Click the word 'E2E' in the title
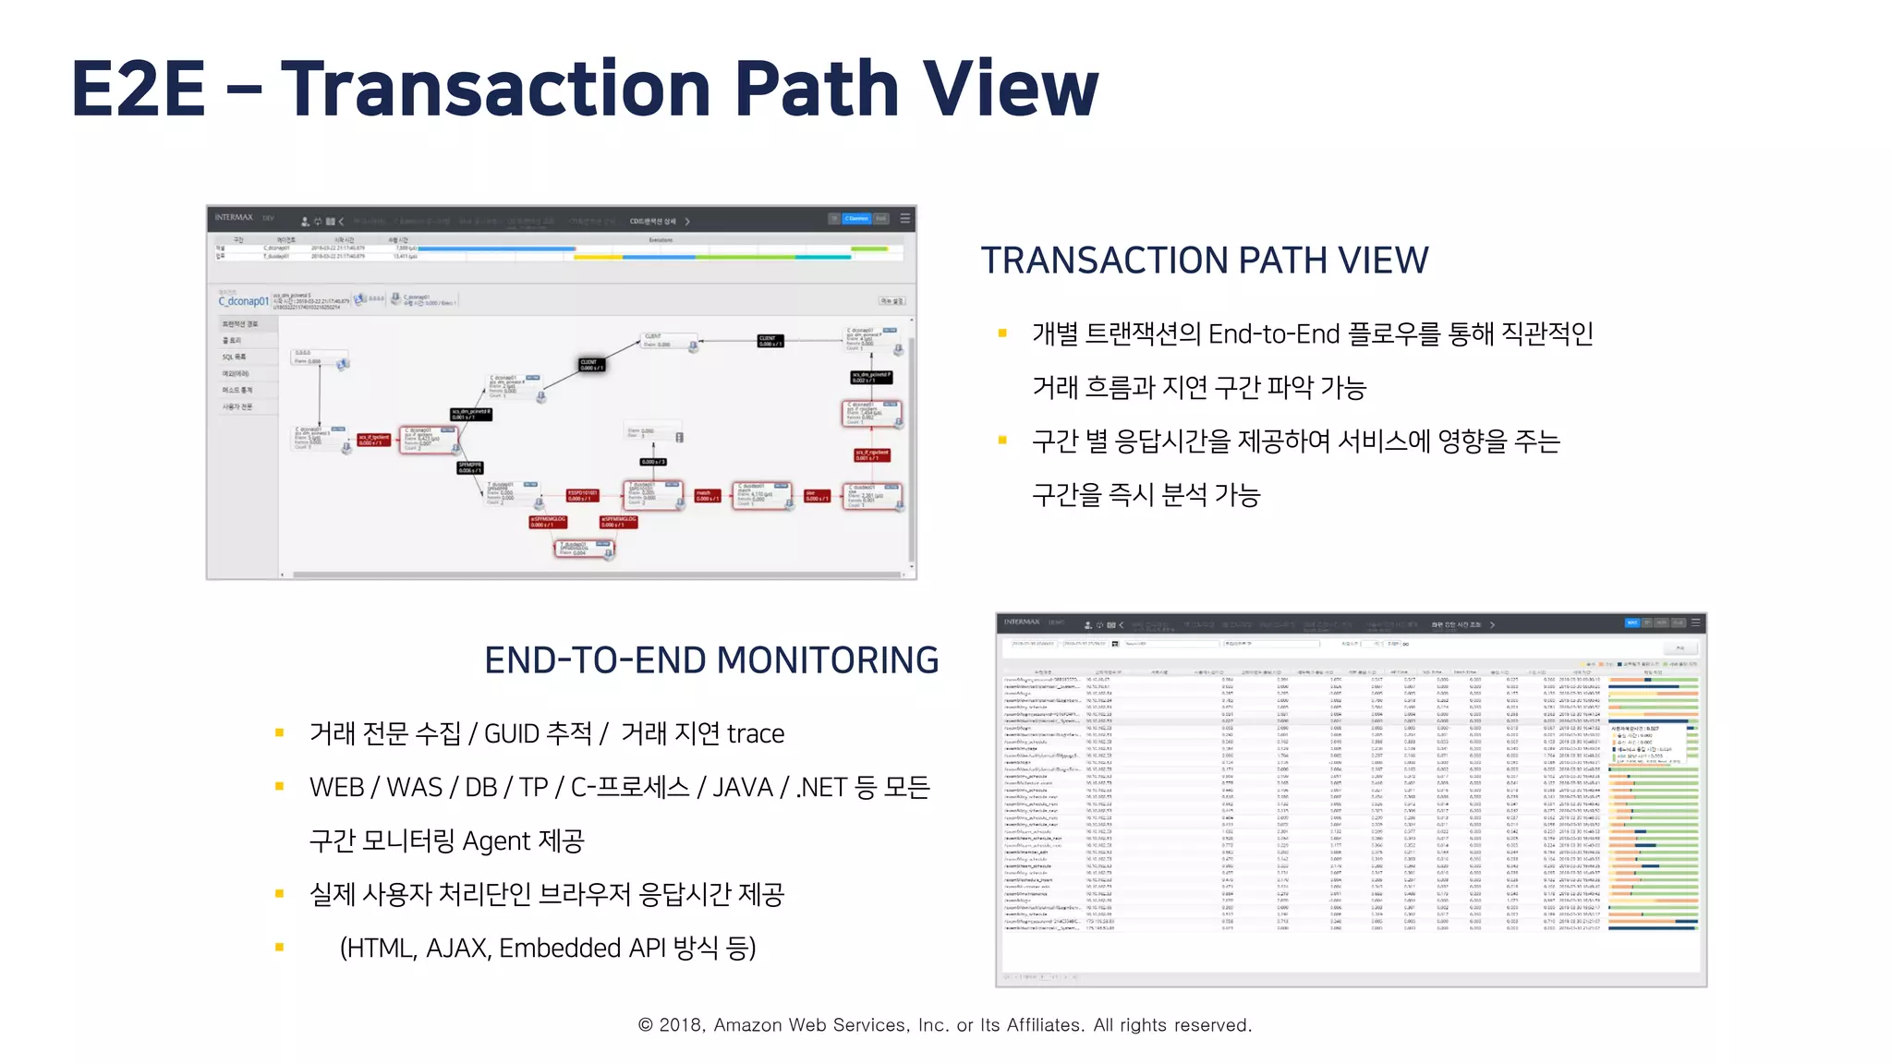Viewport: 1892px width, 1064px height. pos(139,89)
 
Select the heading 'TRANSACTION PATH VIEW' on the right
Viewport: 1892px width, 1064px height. pos(1204,261)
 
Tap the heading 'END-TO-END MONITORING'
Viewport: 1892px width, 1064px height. pos(711,661)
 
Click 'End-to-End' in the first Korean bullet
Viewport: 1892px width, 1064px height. pos(1274,333)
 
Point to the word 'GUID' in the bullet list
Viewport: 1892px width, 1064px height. pos(512,734)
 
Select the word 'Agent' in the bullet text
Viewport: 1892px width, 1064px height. pos(496,841)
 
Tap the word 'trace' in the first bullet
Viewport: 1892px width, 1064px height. pos(755,734)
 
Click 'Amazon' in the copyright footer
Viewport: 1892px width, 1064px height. pos(748,1025)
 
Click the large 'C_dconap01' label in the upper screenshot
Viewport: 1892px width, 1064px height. pos(243,301)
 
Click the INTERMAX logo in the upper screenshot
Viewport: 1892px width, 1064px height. pos(234,218)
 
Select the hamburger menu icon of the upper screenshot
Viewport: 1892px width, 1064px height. pos(905,219)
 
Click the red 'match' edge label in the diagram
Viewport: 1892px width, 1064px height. pos(707,496)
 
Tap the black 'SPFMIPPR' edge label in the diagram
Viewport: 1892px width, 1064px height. pos(469,467)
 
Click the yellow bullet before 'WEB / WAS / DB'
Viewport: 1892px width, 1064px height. pos(279,787)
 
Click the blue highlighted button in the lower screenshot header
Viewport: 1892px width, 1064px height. pos(1631,623)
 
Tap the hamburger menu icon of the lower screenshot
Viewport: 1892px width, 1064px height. pos(1695,623)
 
